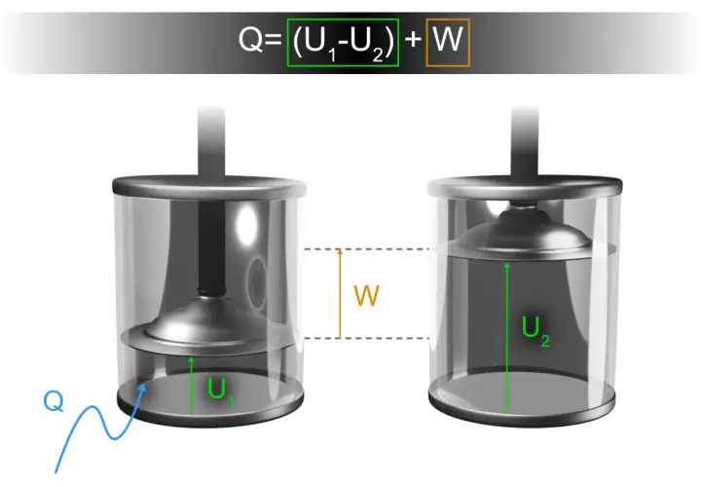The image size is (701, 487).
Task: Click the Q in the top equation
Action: (250, 39)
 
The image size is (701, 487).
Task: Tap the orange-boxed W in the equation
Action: (448, 40)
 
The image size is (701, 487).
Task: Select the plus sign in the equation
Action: (413, 39)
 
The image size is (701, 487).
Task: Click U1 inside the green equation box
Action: (317, 44)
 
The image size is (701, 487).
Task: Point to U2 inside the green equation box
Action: (366, 44)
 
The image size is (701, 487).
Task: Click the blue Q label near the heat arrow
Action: (54, 401)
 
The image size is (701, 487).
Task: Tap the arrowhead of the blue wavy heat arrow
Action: (142, 388)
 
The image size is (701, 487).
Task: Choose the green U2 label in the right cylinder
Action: (535, 330)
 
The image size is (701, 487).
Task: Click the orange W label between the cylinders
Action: (366, 295)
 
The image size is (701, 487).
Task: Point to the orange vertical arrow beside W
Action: (340, 293)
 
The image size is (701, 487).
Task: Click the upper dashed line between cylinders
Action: (367, 249)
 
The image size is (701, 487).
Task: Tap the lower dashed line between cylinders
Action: (367, 338)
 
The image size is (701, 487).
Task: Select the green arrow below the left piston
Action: (192, 386)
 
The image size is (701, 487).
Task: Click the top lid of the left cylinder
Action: (209, 186)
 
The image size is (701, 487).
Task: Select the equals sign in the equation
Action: (273, 39)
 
